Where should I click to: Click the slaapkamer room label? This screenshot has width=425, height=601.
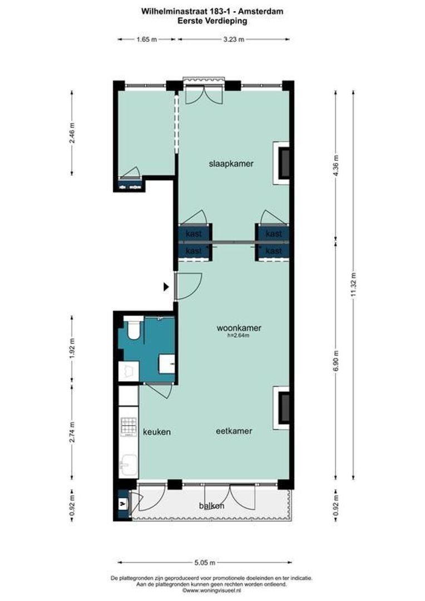(231, 164)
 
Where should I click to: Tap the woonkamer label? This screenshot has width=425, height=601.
(239, 328)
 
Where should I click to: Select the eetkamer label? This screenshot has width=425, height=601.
(234, 431)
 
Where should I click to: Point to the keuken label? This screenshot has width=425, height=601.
(156, 432)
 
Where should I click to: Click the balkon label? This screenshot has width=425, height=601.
(211, 506)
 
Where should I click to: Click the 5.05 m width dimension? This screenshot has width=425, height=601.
(205, 562)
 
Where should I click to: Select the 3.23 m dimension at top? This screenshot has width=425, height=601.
(233, 39)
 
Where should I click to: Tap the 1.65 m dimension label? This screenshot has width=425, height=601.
(146, 39)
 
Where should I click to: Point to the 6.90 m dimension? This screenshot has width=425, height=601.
(335, 362)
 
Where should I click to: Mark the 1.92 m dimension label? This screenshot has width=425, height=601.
(71, 349)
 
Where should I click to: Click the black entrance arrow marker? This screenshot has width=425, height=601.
(166, 287)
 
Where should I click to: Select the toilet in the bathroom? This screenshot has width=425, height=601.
(133, 330)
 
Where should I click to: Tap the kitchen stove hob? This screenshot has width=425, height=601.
(129, 426)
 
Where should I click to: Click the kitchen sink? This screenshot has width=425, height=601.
(129, 464)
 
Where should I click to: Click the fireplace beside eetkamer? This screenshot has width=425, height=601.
(283, 407)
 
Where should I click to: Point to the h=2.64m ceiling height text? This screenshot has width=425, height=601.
(239, 336)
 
